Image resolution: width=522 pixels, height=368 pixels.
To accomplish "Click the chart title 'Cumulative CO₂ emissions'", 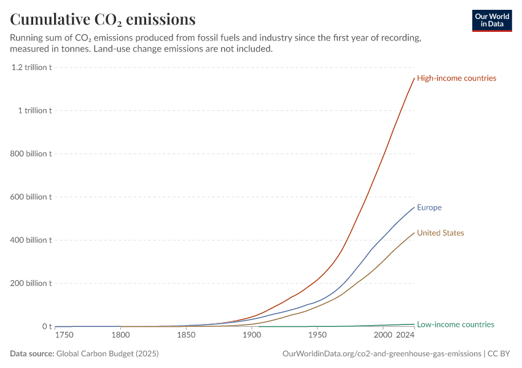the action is click(103, 20).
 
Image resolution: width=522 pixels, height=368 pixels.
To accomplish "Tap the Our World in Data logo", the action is click(492, 21).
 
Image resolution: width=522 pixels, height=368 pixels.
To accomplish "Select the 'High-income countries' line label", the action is click(456, 78).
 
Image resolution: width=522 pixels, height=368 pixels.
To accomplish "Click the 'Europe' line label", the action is click(429, 207).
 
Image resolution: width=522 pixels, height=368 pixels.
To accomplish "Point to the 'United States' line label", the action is click(440, 232).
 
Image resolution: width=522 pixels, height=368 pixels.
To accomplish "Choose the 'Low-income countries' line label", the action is click(456, 324).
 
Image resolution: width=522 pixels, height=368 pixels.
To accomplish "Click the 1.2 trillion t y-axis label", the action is click(31, 67).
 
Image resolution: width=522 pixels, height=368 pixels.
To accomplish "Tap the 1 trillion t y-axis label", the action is click(35, 110).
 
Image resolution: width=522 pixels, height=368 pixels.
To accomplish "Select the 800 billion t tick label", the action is click(31, 154).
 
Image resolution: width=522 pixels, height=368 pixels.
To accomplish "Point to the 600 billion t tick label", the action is click(31, 197).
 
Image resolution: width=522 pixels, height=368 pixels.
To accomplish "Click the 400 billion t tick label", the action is click(31, 240).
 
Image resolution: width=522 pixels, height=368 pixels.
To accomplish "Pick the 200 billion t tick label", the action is click(31, 283).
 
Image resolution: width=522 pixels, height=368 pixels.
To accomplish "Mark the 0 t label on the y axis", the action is click(47, 327).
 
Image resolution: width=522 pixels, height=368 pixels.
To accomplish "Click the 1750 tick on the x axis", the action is click(64, 335).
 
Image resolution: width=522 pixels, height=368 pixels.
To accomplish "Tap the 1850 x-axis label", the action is click(186, 335).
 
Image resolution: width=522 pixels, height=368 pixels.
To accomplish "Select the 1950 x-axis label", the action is click(317, 335).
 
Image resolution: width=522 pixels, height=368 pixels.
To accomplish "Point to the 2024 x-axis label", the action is click(405, 335).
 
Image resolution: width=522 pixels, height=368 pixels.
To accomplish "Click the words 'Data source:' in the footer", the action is click(32, 353).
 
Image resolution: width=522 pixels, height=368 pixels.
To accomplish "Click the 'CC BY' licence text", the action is click(499, 354).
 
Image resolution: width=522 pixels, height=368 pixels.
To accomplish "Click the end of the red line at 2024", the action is click(415, 78).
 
